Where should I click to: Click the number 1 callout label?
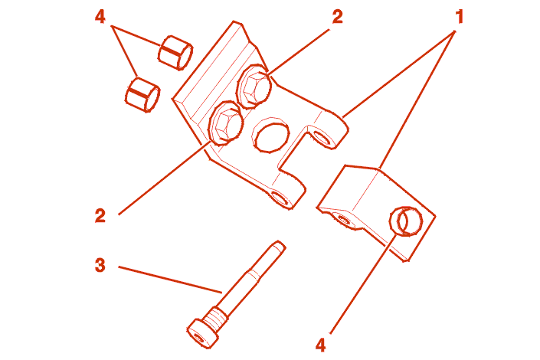coord(460,17)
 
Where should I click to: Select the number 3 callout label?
coord(100,266)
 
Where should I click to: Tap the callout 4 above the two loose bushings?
coord(100,17)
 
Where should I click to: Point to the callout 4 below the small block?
coord(321,345)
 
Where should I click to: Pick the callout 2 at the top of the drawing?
coord(338,17)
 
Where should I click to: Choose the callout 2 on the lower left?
coord(100,216)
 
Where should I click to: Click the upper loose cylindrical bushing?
coord(175,53)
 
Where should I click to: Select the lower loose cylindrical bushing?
coord(142,95)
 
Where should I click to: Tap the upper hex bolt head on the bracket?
coord(254,87)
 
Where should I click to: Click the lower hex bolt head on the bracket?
coord(226,123)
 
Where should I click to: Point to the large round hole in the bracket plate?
coord(270,135)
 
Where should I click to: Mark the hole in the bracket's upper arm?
coord(322,137)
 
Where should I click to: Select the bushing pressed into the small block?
coord(406,221)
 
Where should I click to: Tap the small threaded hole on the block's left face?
coord(343,219)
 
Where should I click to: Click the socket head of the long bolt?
coord(203,333)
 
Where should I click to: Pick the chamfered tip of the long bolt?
coord(278,245)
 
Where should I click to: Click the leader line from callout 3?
coord(170,280)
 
